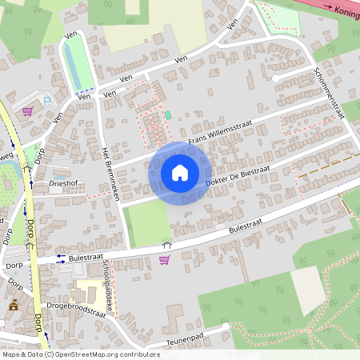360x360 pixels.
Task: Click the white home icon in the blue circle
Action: point(179,172)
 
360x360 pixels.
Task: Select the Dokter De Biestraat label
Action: point(239,178)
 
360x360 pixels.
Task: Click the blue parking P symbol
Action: point(47,101)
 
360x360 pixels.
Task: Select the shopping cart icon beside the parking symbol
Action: point(27,111)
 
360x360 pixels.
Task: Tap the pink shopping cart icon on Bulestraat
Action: point(164,259)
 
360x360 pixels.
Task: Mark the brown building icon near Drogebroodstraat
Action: point(14,304)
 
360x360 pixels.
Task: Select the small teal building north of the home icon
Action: point(168,115)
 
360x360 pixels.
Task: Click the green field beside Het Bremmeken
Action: point(148,223)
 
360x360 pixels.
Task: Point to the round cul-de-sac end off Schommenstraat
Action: point(276,78)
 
